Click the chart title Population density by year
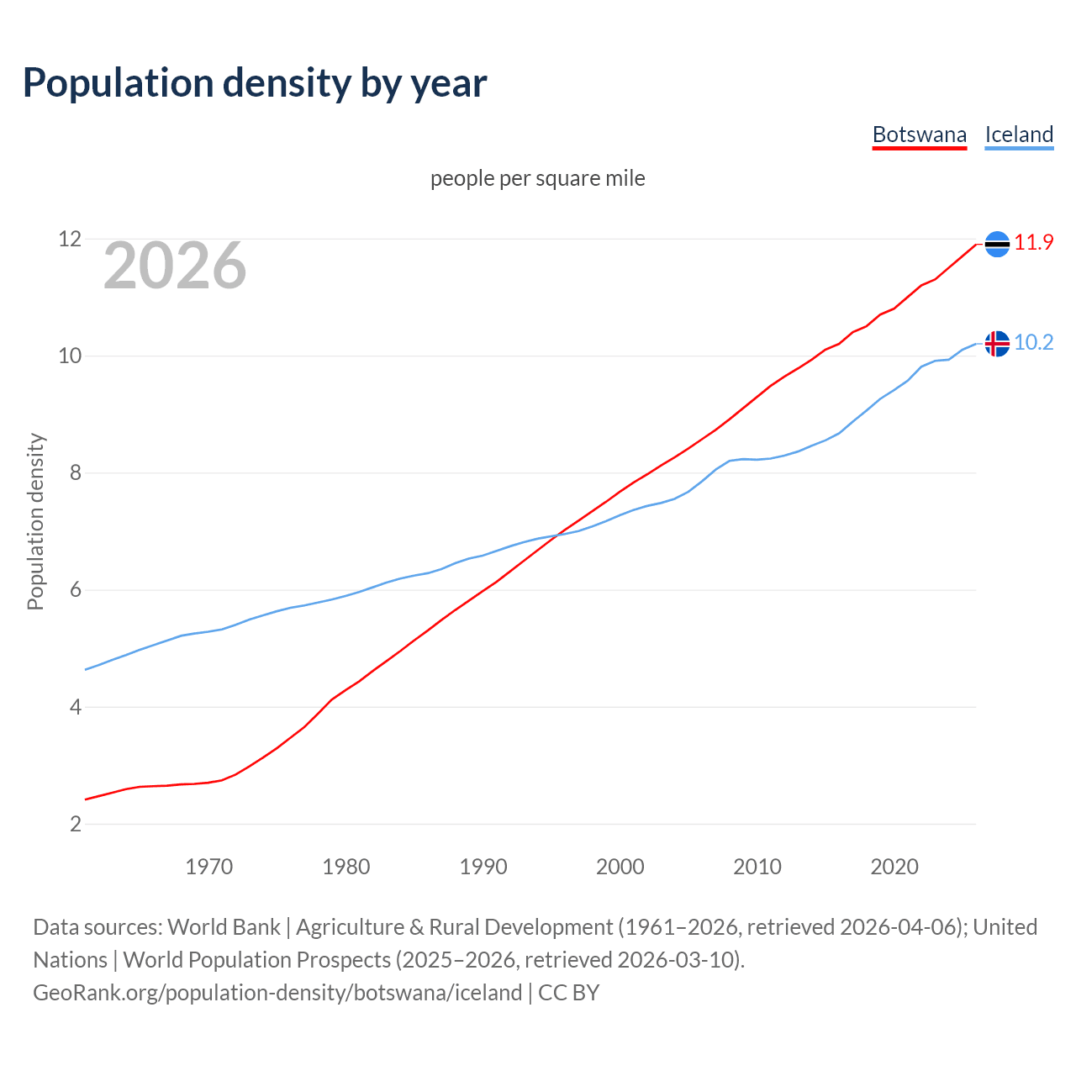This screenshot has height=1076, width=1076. (255, 82)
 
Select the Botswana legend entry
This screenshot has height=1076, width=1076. (920, 134)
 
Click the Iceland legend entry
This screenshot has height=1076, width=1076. (1019, 134)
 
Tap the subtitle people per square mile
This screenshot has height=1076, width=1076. (538, 178)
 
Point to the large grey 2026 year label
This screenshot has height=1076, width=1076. (175, 266)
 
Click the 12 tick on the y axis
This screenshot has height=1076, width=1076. (70, 240)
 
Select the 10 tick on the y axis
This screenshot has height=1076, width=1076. (70, 356)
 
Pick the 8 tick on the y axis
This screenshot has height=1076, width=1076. (76, 473)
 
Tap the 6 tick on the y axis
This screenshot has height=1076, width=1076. (76, 590)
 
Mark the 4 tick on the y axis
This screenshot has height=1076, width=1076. (76, 707)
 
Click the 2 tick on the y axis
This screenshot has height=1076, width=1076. (76, 824)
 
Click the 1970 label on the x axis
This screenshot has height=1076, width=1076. (209, 867)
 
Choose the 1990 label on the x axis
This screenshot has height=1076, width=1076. (483, 867)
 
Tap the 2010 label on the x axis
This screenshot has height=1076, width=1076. (757, 867)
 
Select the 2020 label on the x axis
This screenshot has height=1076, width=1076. (894, 867)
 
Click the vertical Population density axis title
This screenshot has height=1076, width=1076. (35, 521)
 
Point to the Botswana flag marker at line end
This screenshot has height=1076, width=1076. (997, 244)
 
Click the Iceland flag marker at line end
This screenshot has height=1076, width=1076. (997, 344)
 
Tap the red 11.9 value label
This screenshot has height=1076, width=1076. (1034, 243)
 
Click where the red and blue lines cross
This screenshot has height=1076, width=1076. (558, 535)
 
